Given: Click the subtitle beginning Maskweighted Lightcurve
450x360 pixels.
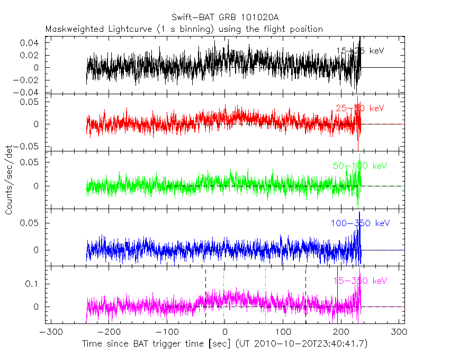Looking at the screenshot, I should click(x=184, y=29).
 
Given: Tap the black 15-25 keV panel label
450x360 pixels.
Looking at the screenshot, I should click(x=359, y=51).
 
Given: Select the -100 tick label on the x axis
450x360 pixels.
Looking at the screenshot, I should click(x=167, y=332).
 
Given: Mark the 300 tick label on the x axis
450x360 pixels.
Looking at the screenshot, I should click(x=398, y=332).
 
